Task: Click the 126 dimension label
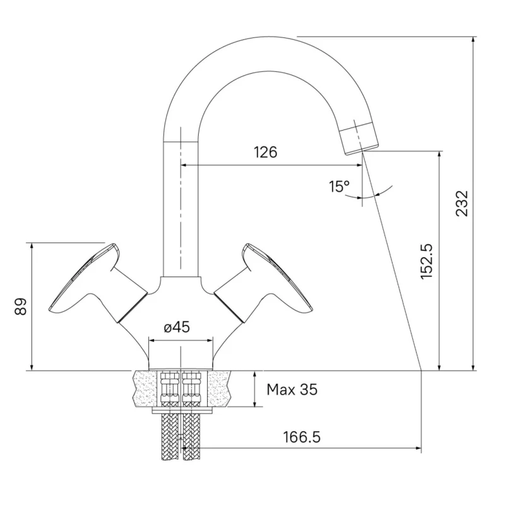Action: click(266, 152)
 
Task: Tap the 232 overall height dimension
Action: click(461, 203)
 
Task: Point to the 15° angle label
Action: click(339, 186)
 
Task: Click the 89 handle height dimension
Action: click(21, 306)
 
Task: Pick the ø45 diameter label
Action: click(177, 328)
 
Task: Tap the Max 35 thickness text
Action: click(292, 389)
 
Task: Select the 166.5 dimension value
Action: click(302, 437)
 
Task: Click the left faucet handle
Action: click(97, 283)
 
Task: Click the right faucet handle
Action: click(264, 283)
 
